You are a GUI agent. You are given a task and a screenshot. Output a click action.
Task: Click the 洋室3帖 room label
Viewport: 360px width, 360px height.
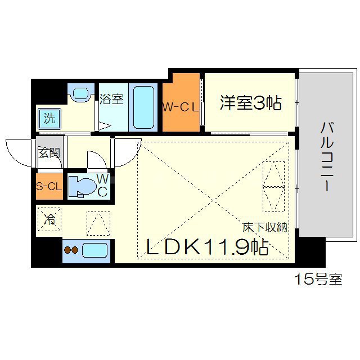(x=250, y=103)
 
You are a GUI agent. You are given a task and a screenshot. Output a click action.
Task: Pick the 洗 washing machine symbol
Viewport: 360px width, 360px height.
(x=49, y=119)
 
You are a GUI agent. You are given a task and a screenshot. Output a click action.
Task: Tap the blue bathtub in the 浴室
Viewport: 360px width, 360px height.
(x=145, y=107)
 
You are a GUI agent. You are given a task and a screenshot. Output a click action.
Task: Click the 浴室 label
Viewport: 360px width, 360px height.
(x=111, y=100)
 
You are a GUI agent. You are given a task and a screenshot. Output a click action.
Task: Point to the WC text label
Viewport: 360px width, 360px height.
(x=102, y=185)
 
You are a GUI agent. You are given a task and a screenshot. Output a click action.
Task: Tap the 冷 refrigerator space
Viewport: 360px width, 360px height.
(x=49, y=218)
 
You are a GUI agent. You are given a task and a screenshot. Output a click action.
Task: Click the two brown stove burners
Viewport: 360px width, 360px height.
(x=70, y=251)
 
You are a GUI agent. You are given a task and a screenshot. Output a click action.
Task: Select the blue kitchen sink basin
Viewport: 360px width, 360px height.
(x=95, y=249)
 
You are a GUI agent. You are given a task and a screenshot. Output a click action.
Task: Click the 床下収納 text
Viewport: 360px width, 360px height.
(x=264, y=227)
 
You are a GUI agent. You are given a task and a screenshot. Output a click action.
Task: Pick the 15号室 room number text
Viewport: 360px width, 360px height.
(x=318, y=280)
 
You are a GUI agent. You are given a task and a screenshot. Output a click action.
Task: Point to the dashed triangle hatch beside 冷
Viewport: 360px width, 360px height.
(x=98, y=223)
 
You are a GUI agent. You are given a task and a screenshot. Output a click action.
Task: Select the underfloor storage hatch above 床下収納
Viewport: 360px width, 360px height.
(x=273, y=186)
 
